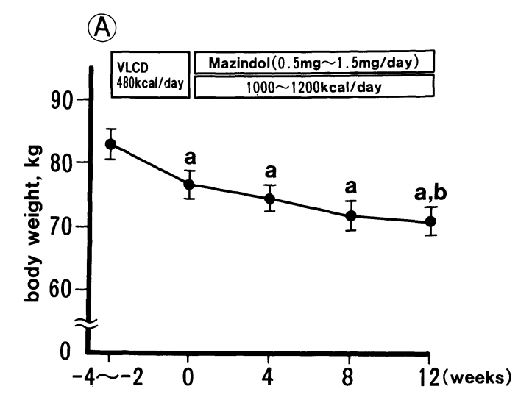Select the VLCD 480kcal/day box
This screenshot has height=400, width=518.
[151, 74]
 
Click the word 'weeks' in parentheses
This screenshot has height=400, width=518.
[478, 380]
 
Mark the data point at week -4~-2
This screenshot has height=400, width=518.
[110, 144]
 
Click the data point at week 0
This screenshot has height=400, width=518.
[189, 185]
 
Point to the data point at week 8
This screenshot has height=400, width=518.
[351, 216]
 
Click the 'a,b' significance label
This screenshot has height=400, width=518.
[431, 195]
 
